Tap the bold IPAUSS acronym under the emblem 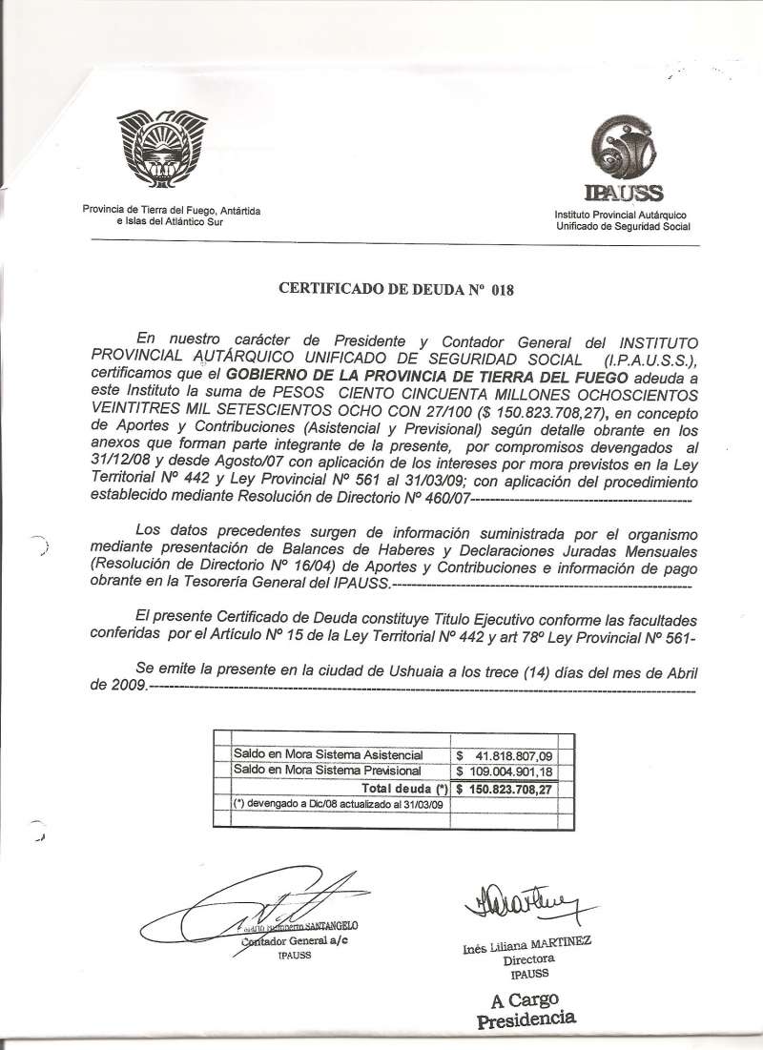(624, 194)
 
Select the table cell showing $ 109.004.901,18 (504, 771)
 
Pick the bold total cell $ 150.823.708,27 (504, 789)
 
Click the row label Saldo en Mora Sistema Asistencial (328, 754)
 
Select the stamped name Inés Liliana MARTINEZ (527, 944)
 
